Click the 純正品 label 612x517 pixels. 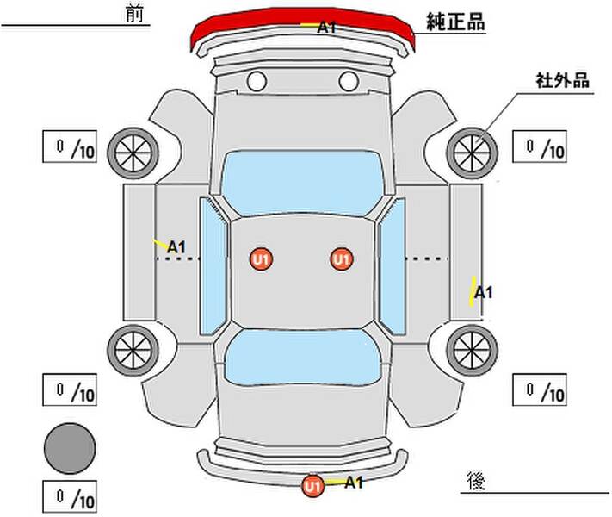[x=455, y=22]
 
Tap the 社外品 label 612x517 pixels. [x=562, y=80]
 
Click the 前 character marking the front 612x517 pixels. [x=134, y=14]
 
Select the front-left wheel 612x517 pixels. [x=133, y=153]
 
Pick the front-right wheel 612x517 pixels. [x=472, y=153]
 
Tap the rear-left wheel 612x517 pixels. [x=133, y=350]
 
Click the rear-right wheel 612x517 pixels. [x=472, y=350]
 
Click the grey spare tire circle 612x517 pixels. [x=70, y=449]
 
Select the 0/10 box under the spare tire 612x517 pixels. [x=70, y=496]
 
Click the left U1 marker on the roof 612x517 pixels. [x=261, y=259]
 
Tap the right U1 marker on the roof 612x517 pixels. [x=342, y=259]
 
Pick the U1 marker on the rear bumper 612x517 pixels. [x=312, y=486]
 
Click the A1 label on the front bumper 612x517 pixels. [x=327, y=28]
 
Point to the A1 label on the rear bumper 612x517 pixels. [x=354, y=483]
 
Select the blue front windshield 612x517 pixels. [x=302, y=183]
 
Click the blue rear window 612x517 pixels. [x=303, y=357]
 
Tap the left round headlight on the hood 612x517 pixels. [x=257, y=81]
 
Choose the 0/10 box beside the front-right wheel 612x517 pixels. [x=540, y=146]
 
